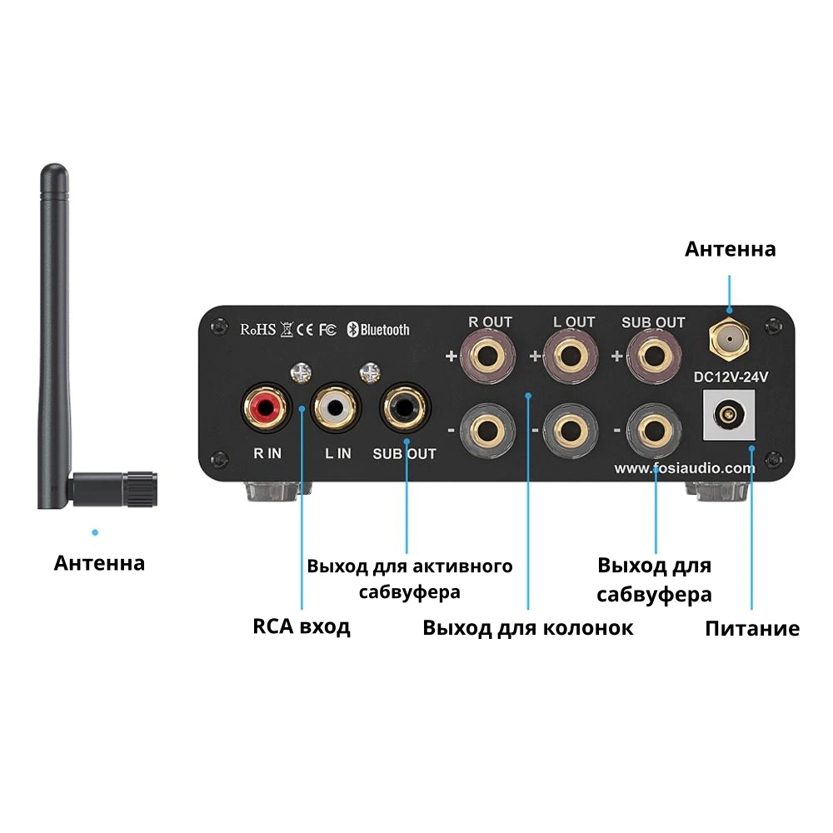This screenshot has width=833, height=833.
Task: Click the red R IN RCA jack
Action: click(x=266, y=407)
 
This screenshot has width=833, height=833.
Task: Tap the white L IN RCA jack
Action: click(x=336, y=407)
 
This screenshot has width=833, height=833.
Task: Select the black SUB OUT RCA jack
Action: click(x=404, y=407)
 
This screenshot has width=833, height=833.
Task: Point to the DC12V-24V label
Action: click(x=731, y=377)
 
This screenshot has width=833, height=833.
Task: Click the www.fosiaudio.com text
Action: click(x=685, y=468)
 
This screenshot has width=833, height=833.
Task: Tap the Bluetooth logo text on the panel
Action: click(x=378, y=330)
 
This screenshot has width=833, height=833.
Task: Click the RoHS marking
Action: click(x=257, y=329)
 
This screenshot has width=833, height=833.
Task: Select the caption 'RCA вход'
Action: click(x=301, y=626)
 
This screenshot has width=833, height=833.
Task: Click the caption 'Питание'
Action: click(x=752, y=628)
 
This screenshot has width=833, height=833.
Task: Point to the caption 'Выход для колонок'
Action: click(x=527, y=627)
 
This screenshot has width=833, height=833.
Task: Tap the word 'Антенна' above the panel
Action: click(x=730, y=248)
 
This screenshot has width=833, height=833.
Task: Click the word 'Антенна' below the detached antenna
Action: click(x=99, y=563)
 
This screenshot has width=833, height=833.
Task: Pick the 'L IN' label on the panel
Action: click(x=337, y=453)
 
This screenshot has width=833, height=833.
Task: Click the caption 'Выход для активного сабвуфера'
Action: click(x=409, y=579)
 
